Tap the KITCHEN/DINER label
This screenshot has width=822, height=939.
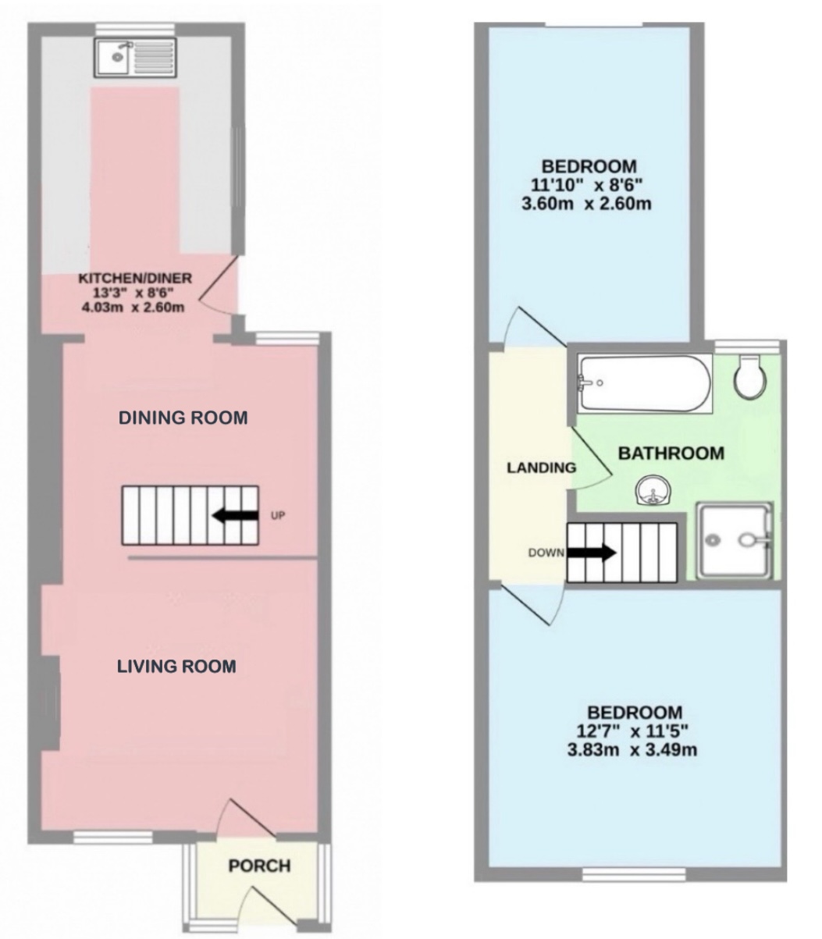coord(134,278)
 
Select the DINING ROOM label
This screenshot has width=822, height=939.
coord(183,418)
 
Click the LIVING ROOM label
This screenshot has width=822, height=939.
coord(176,667)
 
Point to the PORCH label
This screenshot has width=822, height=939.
coord(259,866)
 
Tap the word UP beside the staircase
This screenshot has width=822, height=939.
coord(278,516)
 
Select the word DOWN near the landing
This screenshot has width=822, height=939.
coord(546,553)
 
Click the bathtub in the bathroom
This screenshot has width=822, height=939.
coord(644,383)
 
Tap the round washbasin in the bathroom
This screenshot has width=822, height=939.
coord(651,492)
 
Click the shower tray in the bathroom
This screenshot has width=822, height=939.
coord(734,539)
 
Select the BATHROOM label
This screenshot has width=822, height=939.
coord(671,453)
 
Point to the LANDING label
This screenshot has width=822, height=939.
coord(541,468)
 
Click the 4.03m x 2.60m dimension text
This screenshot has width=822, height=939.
coord(133,307)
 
